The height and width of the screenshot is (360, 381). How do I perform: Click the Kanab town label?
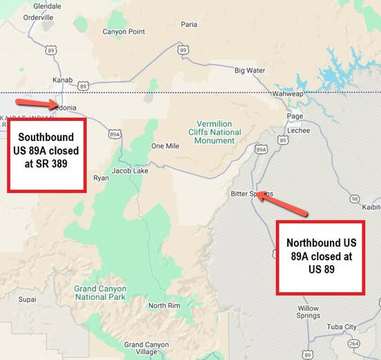coord(62,80)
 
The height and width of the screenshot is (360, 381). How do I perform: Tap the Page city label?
coord(295,116)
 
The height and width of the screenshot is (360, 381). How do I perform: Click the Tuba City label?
coord(341,327)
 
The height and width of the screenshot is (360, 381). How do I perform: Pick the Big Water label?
coord(249,70)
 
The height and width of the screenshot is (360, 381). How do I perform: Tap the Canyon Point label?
coord(124,32)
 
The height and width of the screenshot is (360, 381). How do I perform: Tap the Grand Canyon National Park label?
coord(101,293)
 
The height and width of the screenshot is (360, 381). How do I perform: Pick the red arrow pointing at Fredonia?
coord(46,104)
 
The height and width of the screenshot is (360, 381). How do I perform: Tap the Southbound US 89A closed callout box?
coord(46,155)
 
